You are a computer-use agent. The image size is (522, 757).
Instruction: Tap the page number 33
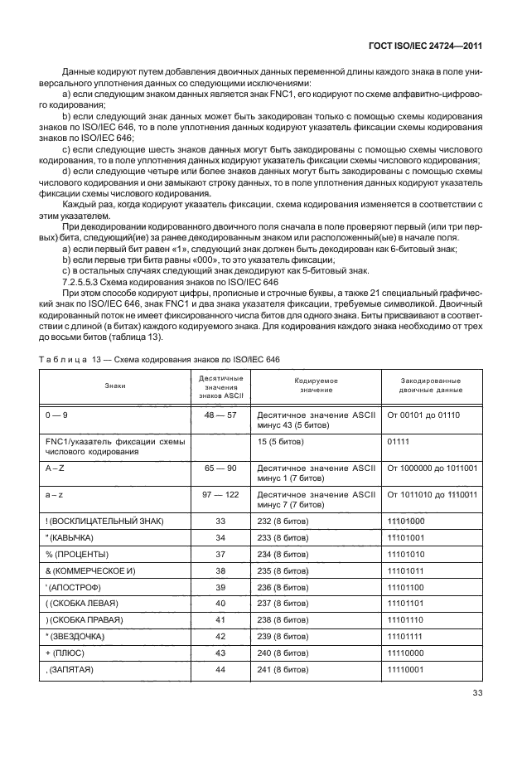(477, 694)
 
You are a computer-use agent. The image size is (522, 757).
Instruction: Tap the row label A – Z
(57, 469)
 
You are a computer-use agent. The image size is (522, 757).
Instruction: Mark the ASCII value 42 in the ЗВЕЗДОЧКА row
(220, 637)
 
